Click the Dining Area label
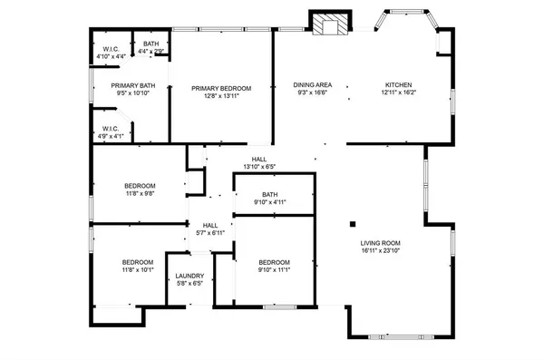click(312, 84)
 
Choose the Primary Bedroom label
click(221, 88)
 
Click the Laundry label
click(189, 276)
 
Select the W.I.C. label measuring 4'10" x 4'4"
click(111, 49)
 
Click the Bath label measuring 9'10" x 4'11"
click(269, 194)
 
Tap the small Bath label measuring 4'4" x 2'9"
click(151, 44)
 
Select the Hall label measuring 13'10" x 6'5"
click(258, 159)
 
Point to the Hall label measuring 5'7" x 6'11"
click(210, 225)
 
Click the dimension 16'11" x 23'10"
click(381, 251)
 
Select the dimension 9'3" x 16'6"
click(312, 92)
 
